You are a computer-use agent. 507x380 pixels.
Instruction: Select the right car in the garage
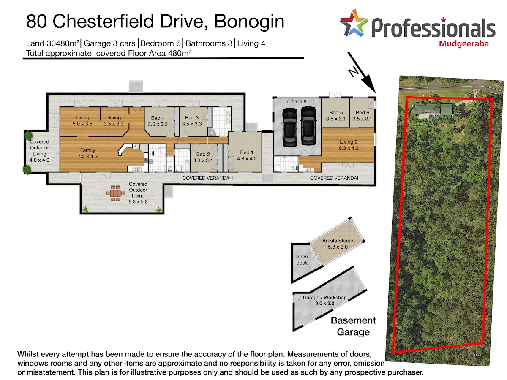(x=308, y=126)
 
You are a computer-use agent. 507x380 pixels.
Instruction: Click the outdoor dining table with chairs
(x=115, y=193)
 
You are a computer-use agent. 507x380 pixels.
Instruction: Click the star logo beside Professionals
(x=354, y=23)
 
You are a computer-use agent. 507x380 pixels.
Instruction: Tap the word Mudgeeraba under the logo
(x=463, y=44)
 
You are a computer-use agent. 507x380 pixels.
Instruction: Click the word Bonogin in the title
(x=249, y=22)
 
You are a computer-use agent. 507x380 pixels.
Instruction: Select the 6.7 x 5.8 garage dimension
(x=296, y=101)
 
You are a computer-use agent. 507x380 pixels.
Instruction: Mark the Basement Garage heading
(x=353, y=326)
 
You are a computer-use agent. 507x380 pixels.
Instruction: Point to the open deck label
(x=302, y=260)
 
